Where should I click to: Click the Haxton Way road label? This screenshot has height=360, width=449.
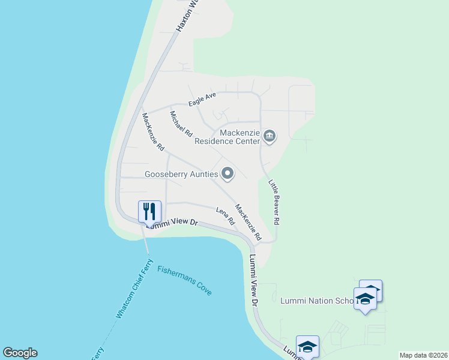187,16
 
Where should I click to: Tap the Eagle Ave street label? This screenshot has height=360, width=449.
202,100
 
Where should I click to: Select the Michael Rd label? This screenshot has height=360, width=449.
180,124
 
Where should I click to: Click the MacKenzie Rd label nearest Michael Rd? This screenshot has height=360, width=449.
153,131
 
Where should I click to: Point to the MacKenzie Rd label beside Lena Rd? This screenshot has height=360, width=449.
248,223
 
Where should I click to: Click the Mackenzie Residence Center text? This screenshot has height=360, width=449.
227,137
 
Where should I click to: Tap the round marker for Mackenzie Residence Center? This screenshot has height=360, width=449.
270,137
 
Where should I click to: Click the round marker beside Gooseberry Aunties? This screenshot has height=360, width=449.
228,174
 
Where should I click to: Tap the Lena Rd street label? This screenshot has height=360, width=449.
225,215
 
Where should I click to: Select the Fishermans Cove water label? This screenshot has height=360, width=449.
184,280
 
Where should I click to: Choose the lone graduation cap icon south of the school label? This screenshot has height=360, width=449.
307,347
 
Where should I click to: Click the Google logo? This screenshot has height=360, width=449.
20,353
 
